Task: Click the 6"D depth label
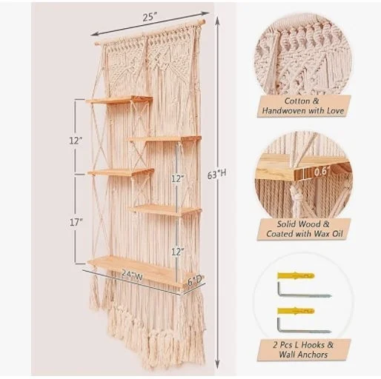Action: [x=195, y=279]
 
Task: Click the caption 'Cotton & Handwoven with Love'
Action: [x=303, y=106]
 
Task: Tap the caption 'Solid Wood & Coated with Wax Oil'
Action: [x=303, y=229]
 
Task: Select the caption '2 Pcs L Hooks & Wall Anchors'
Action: [x=303, y=349]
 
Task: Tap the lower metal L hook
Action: [x=303, y=326]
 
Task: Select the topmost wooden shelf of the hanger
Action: [x=119, y=100]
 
